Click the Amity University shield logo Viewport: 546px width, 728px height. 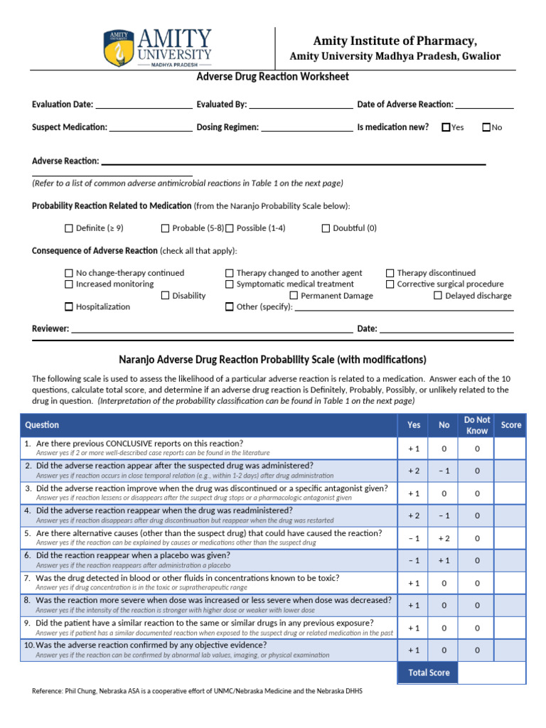[118, 48]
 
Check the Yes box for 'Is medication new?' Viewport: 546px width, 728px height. [446, 127]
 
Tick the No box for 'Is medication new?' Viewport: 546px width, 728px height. [486, 127]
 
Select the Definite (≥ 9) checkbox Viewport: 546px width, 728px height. [69, 228]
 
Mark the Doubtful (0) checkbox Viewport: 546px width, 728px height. [326, 228]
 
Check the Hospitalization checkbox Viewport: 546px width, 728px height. [69, 307]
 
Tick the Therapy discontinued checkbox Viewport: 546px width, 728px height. [390, 273]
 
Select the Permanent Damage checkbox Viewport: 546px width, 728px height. [294, 296]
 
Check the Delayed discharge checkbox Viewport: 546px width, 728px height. [438, 296]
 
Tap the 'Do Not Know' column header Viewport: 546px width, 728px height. [477, 425]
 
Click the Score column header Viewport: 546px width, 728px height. [510, 425]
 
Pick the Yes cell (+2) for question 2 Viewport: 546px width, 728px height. [414, 471]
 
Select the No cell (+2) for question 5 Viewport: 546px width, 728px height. [444, 538]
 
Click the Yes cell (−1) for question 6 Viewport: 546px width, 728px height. [414, 560]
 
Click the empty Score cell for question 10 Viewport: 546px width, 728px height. [510, 650]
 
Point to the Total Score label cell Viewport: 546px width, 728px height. [429, 673]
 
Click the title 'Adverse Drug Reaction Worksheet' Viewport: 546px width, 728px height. [273, 77]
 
